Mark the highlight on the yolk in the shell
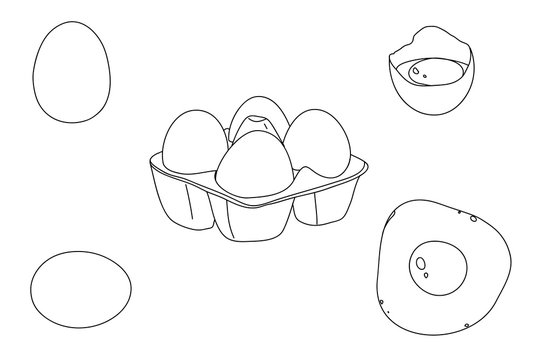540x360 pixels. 415,69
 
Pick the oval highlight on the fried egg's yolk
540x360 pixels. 423,265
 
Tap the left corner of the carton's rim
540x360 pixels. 149,160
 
